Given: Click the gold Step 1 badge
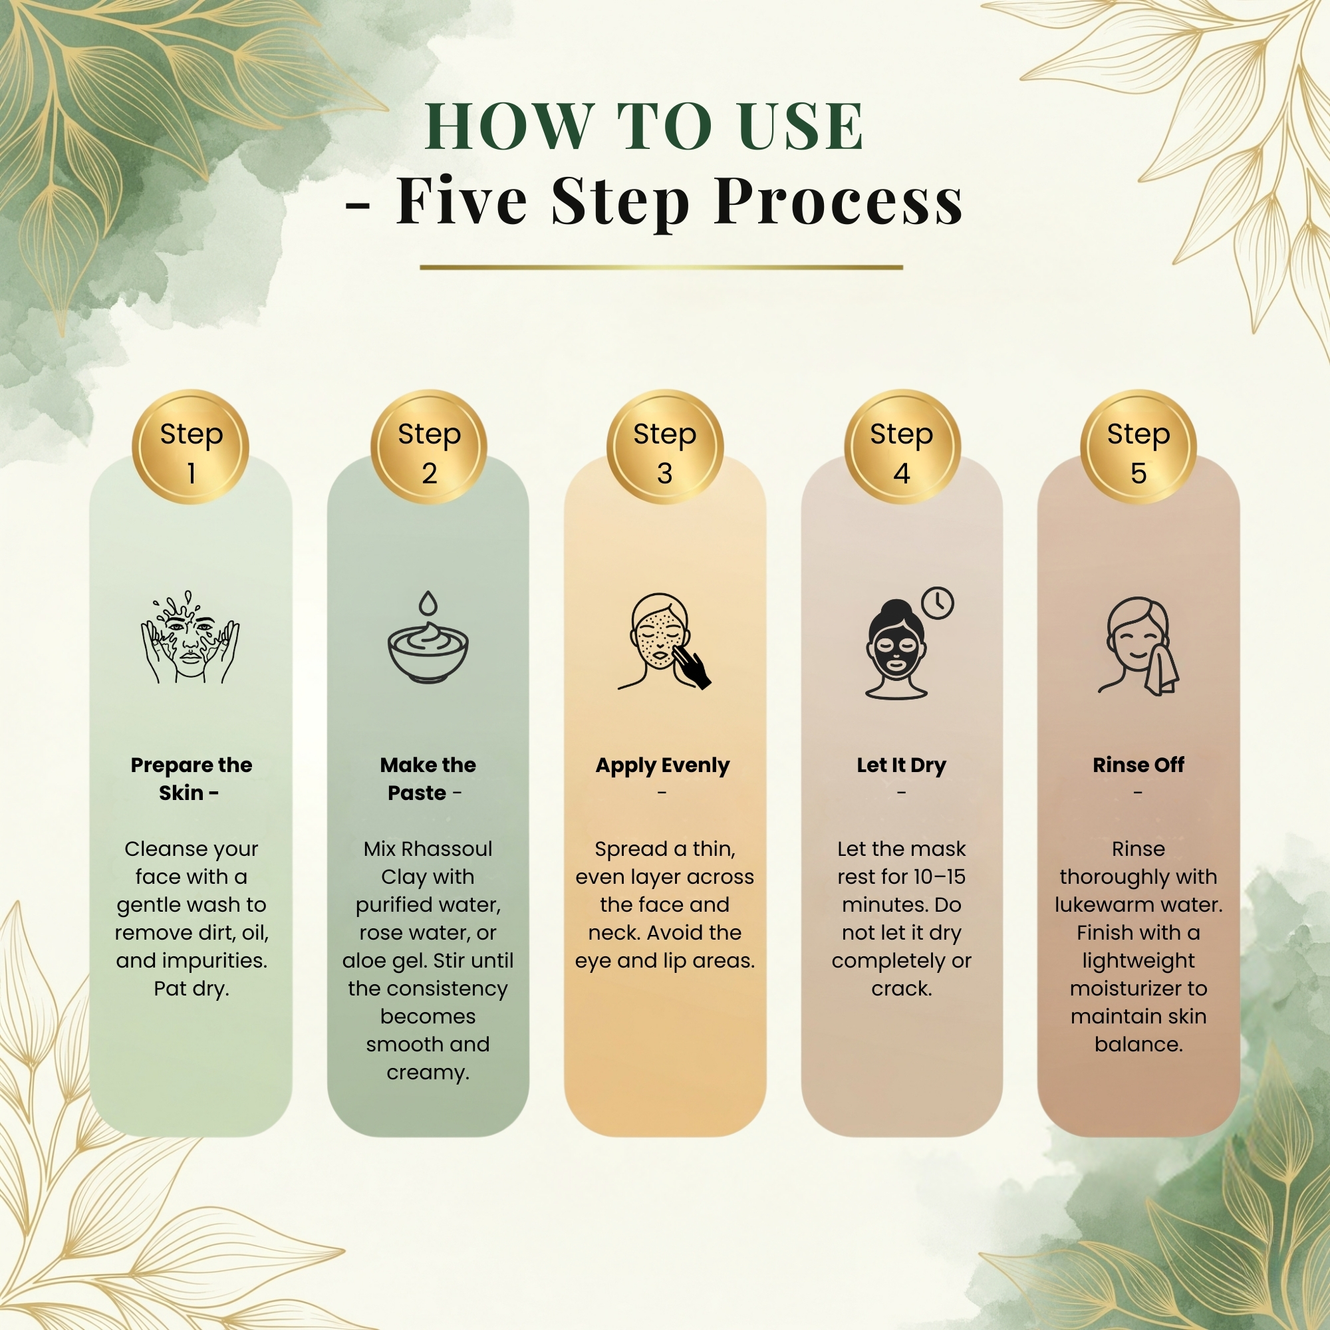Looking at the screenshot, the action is pyautogui.click(x=191, y=448).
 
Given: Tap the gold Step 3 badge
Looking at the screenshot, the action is pyautogui.click(x=664, y=448).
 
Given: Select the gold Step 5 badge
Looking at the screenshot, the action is pyautogui.click(x=1138, y=448).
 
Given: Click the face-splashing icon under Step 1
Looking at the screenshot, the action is pyautogui.click(x=190, y=637).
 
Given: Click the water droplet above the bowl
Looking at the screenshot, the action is pyautogui.click(x=428, y=603).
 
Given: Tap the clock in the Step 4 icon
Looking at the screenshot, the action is pyautogui.click(x=938, y=603).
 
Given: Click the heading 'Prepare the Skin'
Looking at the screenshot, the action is pyautogui.click(x=192, y=779).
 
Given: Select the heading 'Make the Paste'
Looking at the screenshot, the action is pyautogui.click(x=428, y=779).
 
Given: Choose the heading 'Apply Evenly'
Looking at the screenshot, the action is pyautogui.click(x=662, y=765).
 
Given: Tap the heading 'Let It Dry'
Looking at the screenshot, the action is pyautogui.click(x=901, y=765).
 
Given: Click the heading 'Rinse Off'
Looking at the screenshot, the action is pyautogui.click(x=1138, y=765).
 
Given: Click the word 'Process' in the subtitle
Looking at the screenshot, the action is pyautogui.click(x=839, y=201).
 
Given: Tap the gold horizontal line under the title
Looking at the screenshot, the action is pyautogui.click(x=661, y=267).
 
